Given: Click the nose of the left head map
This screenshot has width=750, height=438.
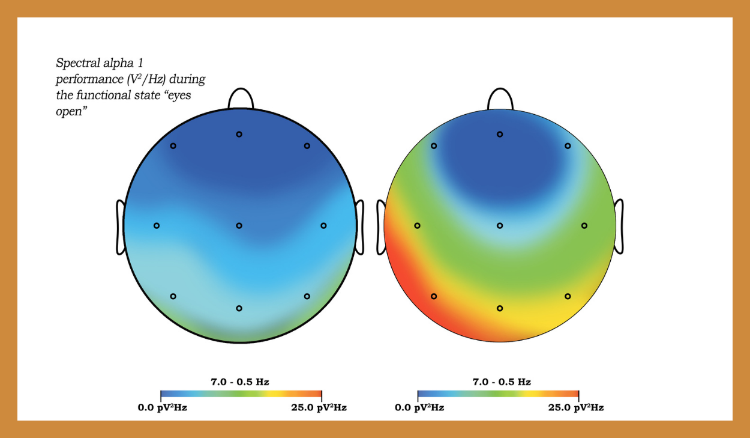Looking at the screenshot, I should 240,99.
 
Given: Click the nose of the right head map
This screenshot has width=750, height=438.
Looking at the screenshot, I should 500,99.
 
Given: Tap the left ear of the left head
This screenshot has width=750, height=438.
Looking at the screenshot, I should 120,227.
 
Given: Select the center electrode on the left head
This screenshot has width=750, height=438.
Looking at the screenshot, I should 239,226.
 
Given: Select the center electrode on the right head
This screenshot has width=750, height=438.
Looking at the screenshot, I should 500,226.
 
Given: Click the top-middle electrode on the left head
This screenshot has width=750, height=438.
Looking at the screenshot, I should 239,134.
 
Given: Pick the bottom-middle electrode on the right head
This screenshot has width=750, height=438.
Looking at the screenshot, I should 500,308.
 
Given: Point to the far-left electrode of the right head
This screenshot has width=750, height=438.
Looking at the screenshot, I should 417,226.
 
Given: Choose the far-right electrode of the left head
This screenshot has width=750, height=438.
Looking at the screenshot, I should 323,226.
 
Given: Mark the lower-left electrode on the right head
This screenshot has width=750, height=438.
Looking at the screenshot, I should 434,296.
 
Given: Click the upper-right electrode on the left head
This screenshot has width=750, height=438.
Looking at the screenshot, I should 307,146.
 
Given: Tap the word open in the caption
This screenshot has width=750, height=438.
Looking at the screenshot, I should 68,112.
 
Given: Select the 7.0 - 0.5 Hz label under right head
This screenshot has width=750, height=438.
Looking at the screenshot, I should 502,382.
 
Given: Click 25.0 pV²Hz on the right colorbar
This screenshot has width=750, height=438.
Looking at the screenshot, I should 576,407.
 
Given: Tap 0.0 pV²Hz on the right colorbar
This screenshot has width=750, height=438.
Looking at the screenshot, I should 419,407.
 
